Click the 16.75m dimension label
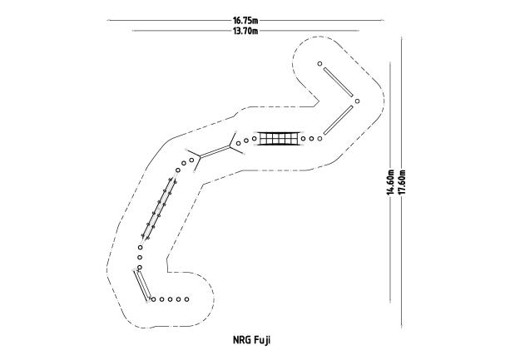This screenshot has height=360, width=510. pyautogui.click(x=245, y=21)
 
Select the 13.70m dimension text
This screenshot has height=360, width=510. pyautogui.click(x=245, y=31)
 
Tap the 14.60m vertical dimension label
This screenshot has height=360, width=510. pyautogui.click(x=390, y=182)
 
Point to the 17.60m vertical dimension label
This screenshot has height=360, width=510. pyautogui.click(x=402, y=182)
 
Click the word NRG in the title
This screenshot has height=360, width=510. pyautogui.click(x=241, y=340)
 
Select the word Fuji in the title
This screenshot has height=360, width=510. pyautogui.click(x=262, y=340)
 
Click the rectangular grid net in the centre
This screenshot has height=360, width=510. pyautogui.click(x=279, y=139)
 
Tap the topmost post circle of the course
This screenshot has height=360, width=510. pyautogui.click(x=319, y=64)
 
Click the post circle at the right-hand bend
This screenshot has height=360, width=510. pyautogui.click(x=357, y=101)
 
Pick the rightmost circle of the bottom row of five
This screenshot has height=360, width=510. pyautogui.click(x=186, y=299)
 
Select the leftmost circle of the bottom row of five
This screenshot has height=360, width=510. pyautogui.click(x=154, y=299)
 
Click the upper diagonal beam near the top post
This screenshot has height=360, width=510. pyautogui.click(x=339, y=82)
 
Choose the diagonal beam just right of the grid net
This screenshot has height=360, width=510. pyautogui.click(x=339, y=120)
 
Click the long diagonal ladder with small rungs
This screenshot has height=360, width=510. pyautogui.click(x=159, y=209)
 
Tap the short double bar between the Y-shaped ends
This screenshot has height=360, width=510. pyautogui.click(x=215, y=152)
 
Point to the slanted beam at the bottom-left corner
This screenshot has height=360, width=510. pyautogui.click(x=142, y=285)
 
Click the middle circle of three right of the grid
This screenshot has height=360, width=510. pyautogui.click(x=311, y=139)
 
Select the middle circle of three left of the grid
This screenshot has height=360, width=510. pyautogui.click(x=246, y=141)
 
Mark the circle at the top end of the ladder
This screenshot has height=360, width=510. pyautogui.click(x=177, y=170)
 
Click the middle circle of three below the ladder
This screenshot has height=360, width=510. pyautogui.click(x=140, y=258)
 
